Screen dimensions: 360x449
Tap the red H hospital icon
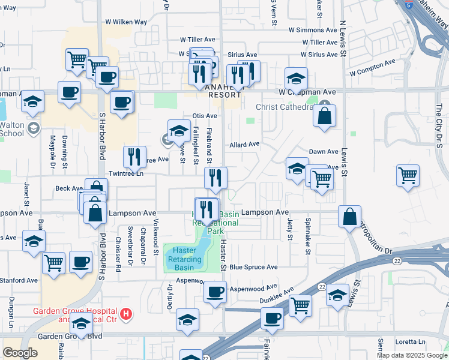coord(125,313)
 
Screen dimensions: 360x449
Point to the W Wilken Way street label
coord(124,22)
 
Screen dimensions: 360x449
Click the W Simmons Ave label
coord(313,29)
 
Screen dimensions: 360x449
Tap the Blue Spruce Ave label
coord(253,267)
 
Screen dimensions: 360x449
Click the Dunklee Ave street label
coord(277,294)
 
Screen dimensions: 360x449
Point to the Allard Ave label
coord(244,144)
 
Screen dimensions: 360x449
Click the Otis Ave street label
coord(204,116)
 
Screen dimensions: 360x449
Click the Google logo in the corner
coord(20,352)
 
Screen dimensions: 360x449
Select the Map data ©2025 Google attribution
coord(412,355)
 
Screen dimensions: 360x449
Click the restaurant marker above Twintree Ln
coord(134,157)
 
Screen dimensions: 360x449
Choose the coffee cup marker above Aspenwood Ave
coord(215,292)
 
